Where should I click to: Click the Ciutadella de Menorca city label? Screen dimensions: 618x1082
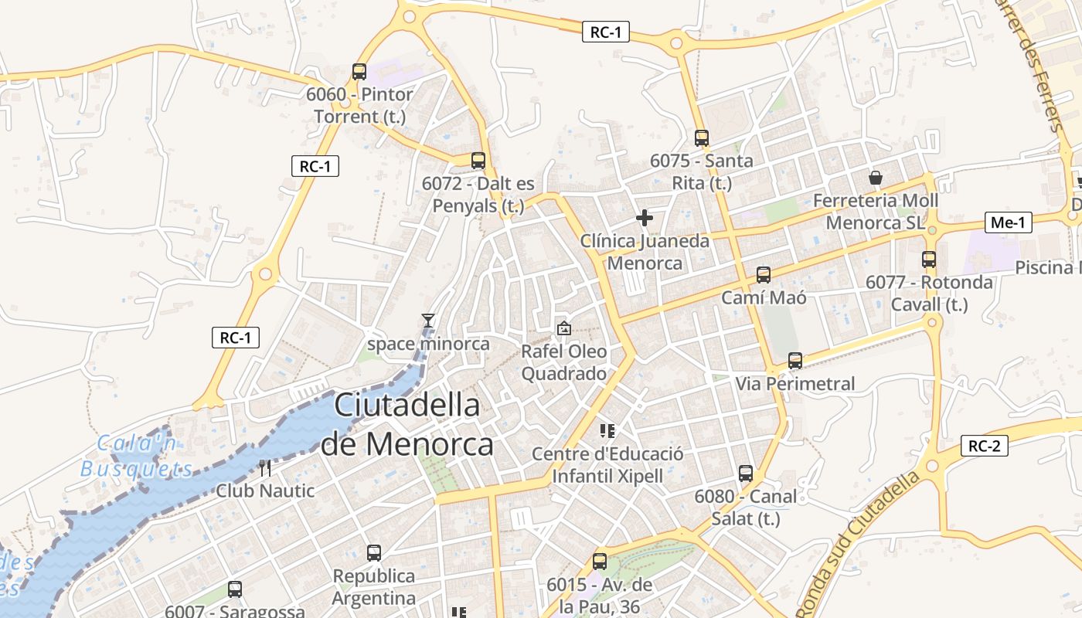pos(407,425)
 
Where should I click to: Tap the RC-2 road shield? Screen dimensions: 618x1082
pos(985,446)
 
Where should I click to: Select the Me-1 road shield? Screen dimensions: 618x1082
pos(1009,223)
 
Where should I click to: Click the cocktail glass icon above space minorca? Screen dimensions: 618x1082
pos(428,320)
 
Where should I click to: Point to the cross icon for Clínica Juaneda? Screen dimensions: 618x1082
pos(644,218)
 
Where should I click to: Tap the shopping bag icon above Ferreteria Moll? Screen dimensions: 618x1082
pos(876,178)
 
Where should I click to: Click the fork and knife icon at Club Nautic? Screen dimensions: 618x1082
pos(265,467)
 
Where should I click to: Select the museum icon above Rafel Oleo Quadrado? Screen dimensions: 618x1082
pos(564,328)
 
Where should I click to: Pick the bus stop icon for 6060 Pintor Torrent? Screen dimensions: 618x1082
pos(359,72)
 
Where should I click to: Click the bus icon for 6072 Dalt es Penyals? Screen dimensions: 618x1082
pos(478,161)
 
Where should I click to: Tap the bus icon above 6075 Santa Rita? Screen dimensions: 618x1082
pos(702,138)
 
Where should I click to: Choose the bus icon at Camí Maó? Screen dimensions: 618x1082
pos(764,274)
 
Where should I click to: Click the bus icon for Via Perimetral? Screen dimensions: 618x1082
pos(795,360)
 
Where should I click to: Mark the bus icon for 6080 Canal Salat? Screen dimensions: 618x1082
pos(746,473)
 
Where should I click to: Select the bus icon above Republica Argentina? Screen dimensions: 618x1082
pos(374,552)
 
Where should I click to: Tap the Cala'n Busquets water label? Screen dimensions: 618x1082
pos(137,456)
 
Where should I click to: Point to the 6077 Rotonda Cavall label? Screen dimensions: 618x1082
pos(929,293)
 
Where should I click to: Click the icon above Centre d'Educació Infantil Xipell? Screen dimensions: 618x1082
pos(607,430)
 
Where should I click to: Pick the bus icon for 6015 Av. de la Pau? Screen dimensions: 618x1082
pos(600,562)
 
